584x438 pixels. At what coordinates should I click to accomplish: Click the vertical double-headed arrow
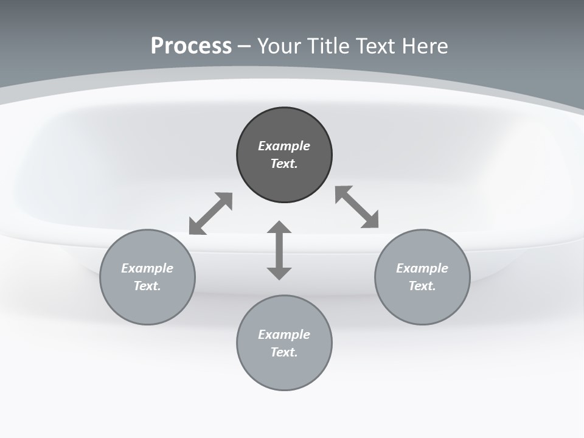(279, 250)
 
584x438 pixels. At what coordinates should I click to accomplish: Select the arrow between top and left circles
(210, 214)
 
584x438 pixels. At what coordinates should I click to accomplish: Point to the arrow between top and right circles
(357, 207)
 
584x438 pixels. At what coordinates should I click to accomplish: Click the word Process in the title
(191, 46)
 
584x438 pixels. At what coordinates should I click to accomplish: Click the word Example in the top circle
(284, 146)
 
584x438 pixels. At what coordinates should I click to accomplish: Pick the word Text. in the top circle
(284, 164)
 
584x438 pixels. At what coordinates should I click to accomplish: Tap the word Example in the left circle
(147, 268)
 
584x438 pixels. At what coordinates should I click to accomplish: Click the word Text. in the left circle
(147, 286)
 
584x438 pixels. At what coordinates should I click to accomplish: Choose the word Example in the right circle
(422, 268)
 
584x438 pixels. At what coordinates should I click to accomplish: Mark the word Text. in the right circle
(422, 286)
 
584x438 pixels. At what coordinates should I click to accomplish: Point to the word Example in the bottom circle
(284, 335)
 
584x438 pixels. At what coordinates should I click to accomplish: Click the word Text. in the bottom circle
(284, 352)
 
